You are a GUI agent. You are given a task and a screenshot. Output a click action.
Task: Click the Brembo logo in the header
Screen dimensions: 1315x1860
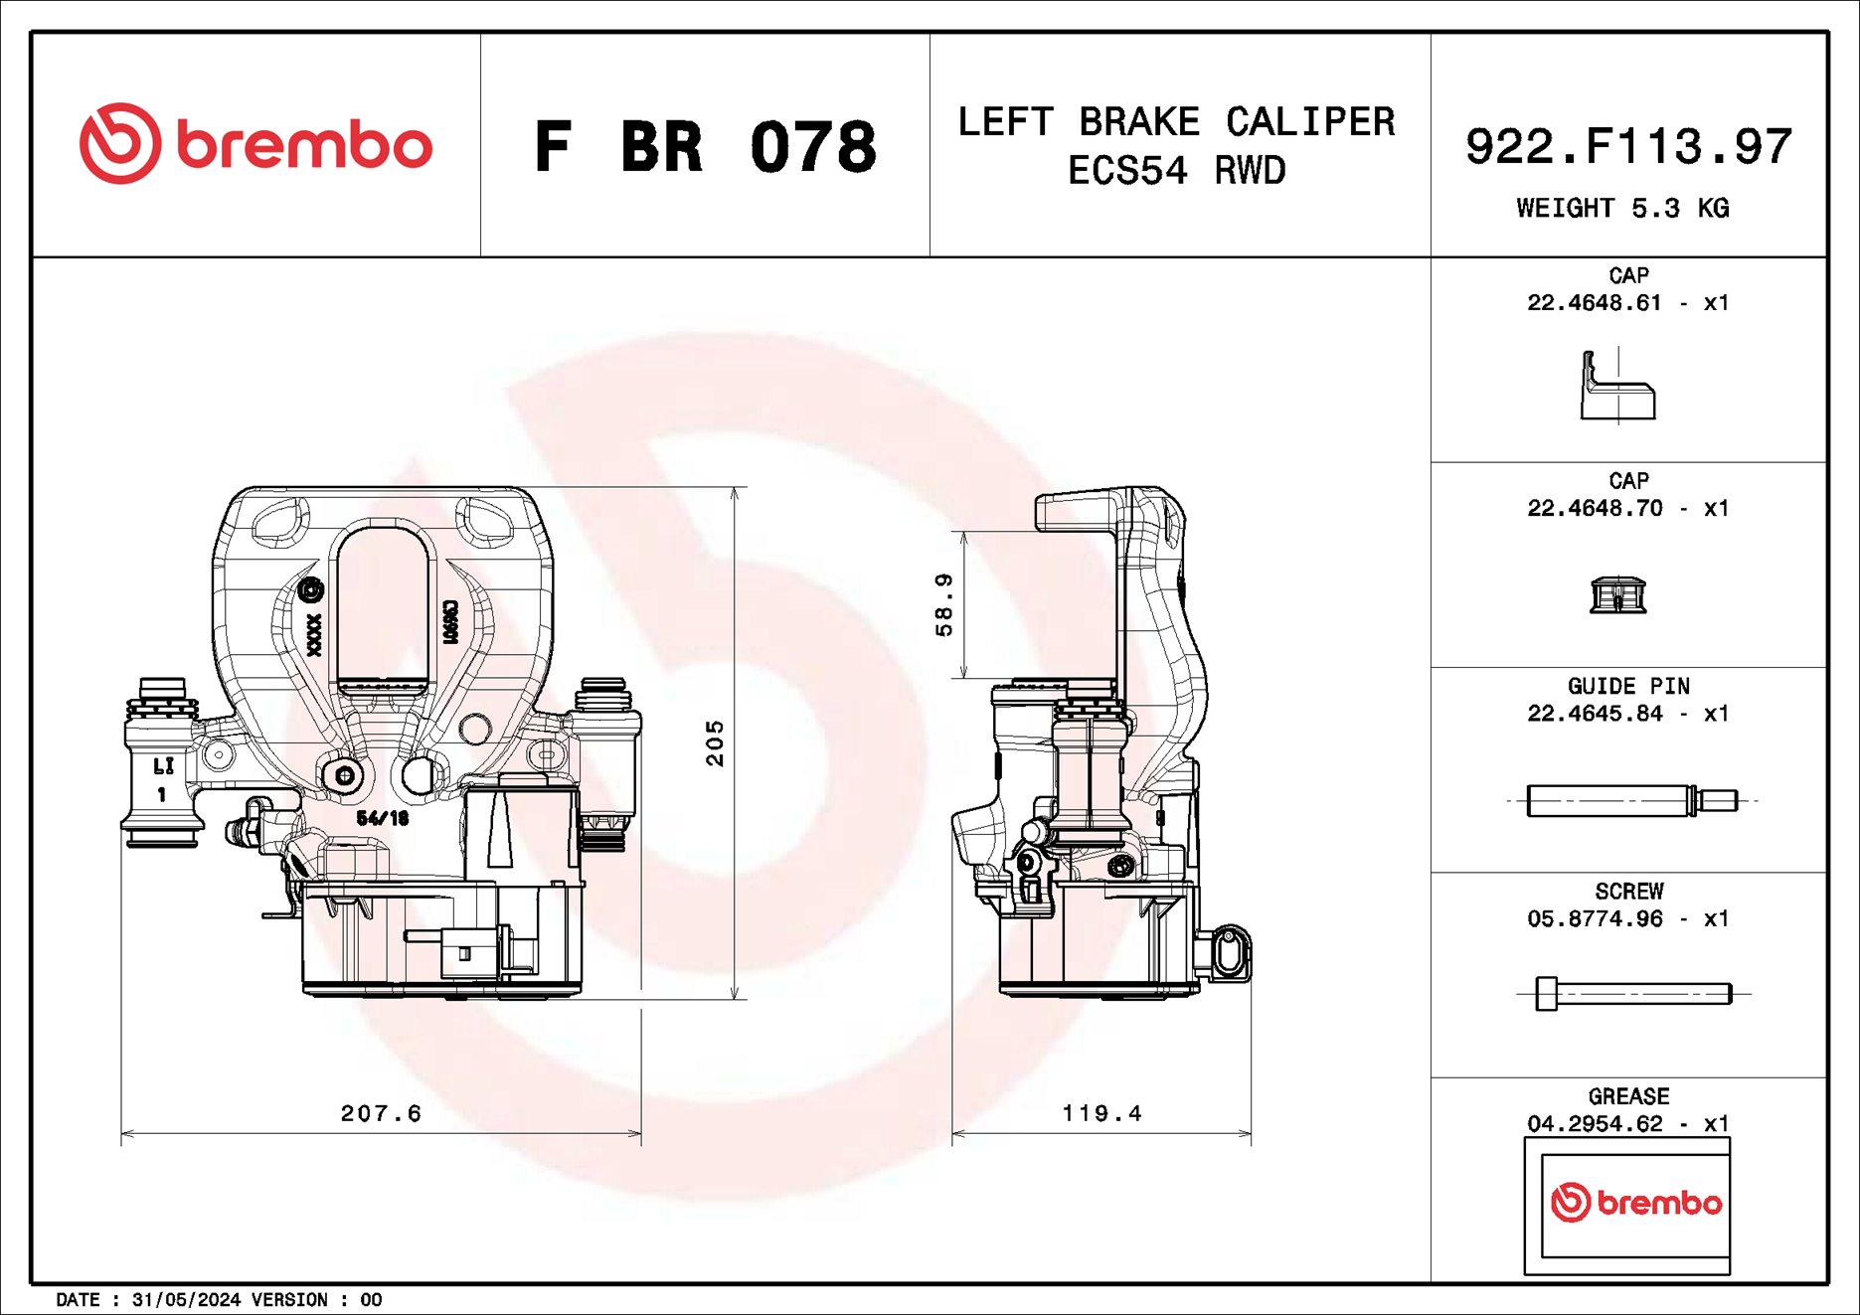click(255, 144)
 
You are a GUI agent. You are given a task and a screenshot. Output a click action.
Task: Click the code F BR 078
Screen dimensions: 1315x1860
click(705, 147)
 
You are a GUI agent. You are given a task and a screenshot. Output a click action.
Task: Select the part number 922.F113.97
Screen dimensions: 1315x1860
click(1627, 146)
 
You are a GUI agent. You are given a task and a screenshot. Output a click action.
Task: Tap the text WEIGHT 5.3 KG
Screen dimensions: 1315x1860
click(1622, 208)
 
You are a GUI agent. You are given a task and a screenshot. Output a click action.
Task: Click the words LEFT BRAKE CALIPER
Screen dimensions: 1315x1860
click(1176, 122)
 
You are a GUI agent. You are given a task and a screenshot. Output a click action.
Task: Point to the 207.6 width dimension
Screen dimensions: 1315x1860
click(381, 1113)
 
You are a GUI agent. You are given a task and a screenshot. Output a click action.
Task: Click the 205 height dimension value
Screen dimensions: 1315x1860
click(715, 742)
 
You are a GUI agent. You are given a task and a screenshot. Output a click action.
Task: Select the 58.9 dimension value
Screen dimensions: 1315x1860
click(943, 604)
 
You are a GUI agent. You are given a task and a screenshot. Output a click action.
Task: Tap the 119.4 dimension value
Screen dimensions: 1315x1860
click(1101, 1113)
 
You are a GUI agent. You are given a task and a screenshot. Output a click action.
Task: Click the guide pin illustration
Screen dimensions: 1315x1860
click(1630, 800)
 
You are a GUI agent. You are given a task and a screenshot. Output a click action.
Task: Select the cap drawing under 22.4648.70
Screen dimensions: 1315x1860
click(1618, 594)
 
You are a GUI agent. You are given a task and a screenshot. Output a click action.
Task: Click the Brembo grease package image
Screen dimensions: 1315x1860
click(1627, 1205)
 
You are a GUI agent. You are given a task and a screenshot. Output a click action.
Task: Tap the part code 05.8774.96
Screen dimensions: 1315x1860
click(1595, 918)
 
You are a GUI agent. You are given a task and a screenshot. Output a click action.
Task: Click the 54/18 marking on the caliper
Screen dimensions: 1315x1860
click(383, 818)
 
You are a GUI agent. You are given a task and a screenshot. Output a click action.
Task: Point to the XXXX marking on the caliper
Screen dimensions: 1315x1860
click(314, 633)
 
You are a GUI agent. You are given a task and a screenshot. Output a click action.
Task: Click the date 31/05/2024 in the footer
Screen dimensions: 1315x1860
click(186, 1299)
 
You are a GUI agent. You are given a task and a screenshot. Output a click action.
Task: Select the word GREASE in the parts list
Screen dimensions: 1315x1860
click(1628, 1096)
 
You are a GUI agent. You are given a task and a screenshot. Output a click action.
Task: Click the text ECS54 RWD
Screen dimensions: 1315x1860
click(1176, 171)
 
